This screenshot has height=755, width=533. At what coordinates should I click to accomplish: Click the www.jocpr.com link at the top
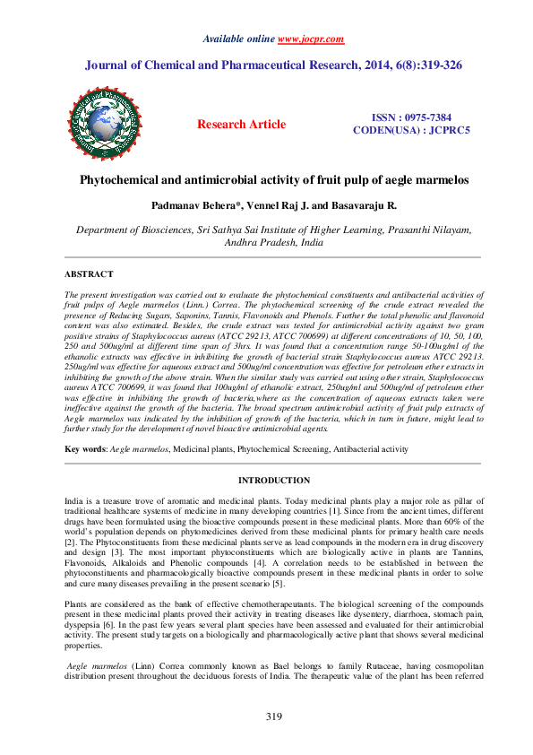click(x=311, y=39)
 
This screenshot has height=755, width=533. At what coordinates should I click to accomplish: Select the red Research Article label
click(x=242, y=125)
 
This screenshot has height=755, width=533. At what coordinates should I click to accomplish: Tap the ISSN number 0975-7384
click(x=426, y=118)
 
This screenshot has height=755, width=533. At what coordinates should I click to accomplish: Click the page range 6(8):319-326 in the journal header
click(x=437, y=65)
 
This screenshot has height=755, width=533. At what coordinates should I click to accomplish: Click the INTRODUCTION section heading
click(x=273, y=481)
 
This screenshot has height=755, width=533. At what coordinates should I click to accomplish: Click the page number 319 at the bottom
click(x=274, y=716)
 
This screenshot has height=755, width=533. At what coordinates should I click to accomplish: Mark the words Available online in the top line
click(x=239, y=39)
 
